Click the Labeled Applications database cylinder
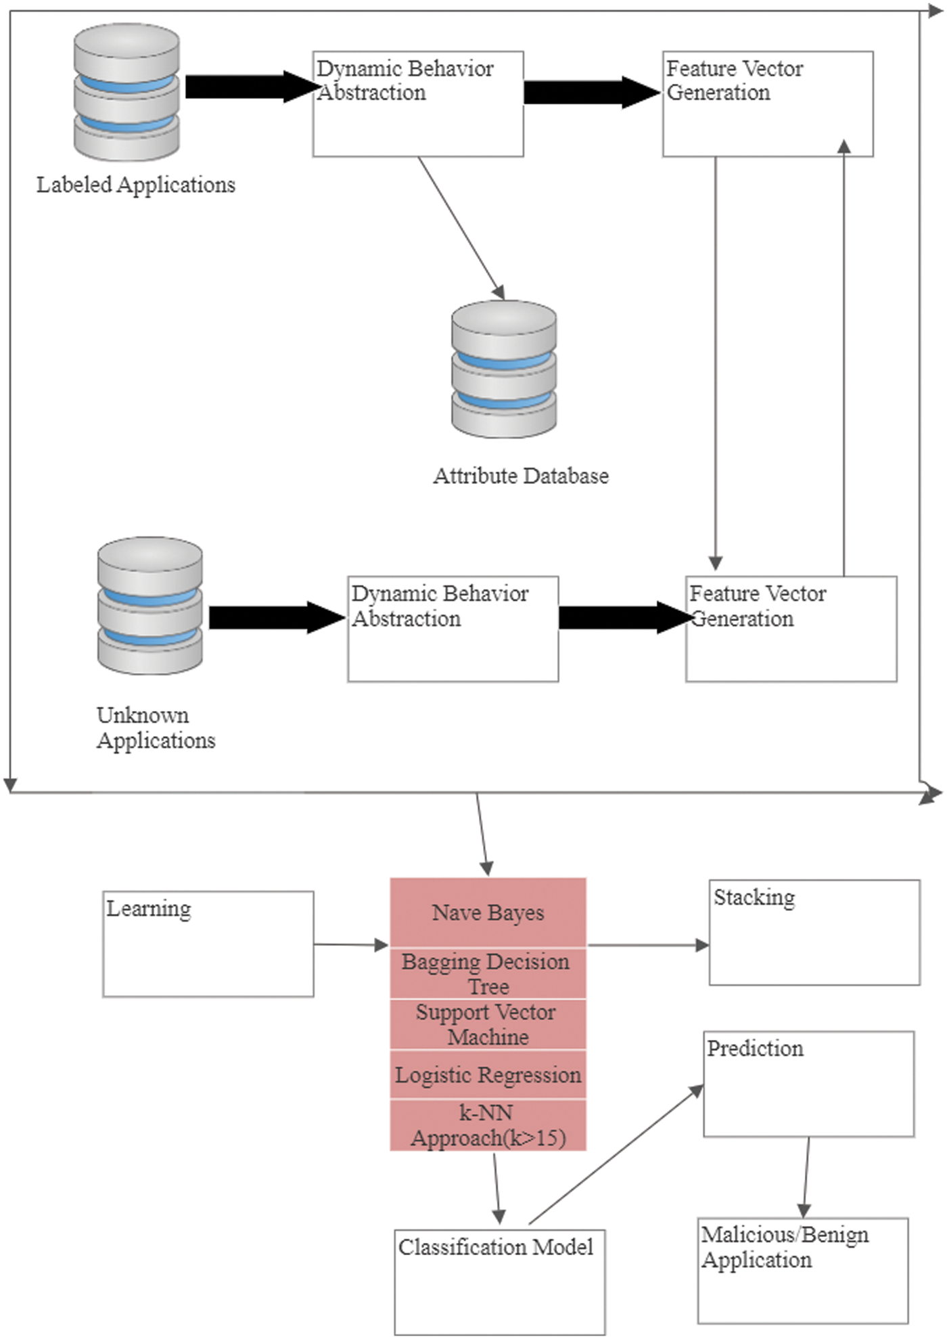point(126,92)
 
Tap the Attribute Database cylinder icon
point(504,369)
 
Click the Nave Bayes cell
point(488,913)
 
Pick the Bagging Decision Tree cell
point(488,974)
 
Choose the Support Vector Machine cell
point(488,1024)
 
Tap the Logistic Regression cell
point(488,1074)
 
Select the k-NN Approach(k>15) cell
point(488,1125)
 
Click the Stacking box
point(814,932)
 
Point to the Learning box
point(208,944)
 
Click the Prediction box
point(808,1084)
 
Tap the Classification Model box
point(499,1281)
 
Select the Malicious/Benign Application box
point(803,1270)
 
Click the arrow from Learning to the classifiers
point(350,945)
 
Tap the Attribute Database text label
point(521,476)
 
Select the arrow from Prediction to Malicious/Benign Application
point(806,1177)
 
